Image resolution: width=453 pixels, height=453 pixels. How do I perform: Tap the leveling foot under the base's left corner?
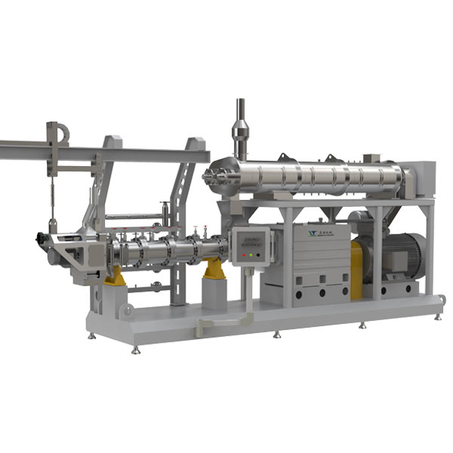[136, 349]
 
